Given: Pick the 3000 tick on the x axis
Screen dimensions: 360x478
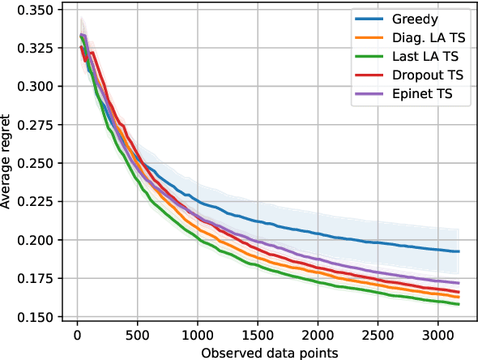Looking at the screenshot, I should [x=437, y=333].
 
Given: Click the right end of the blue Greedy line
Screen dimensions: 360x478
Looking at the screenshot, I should [x=459, y=251].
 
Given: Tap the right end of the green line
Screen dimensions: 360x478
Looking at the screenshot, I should [x=459, y=304].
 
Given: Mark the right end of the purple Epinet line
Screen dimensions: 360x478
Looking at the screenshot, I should [x=459, y=282].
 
